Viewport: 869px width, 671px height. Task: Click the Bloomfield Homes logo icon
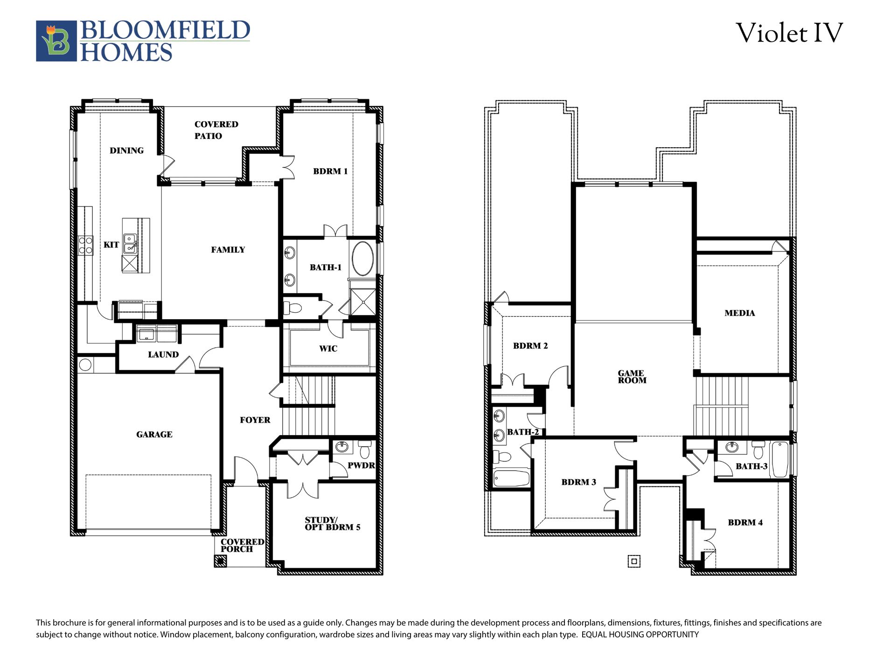[x=56, y=41]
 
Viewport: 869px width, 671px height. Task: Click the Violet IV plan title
[x=789, y=34]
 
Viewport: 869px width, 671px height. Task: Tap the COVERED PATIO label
[x=216, y=130]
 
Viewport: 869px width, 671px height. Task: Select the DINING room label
[x=126, y=151]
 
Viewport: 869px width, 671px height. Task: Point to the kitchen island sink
[x=130, y=244]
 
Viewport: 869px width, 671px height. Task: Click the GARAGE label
[x=154, y=434]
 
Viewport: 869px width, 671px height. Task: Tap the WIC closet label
[x=328, y=349]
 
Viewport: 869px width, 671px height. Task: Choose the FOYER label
[x=255, y=420]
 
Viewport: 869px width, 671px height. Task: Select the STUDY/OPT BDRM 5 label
[x=332, y=524]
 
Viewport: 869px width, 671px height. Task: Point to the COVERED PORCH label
[x=242, y=545]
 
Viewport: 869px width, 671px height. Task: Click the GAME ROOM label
[x=632, y=377]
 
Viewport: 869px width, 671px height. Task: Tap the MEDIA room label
[x=739, y=313]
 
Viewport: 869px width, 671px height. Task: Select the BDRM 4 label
[x=745, y=522]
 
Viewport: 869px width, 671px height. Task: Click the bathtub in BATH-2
[x=511, y=478]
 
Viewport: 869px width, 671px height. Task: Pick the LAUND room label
[x=163, y=355]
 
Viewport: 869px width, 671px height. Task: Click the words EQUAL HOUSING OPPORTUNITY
[x=640, y=635]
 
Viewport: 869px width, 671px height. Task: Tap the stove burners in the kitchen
[x=86, y=245]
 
